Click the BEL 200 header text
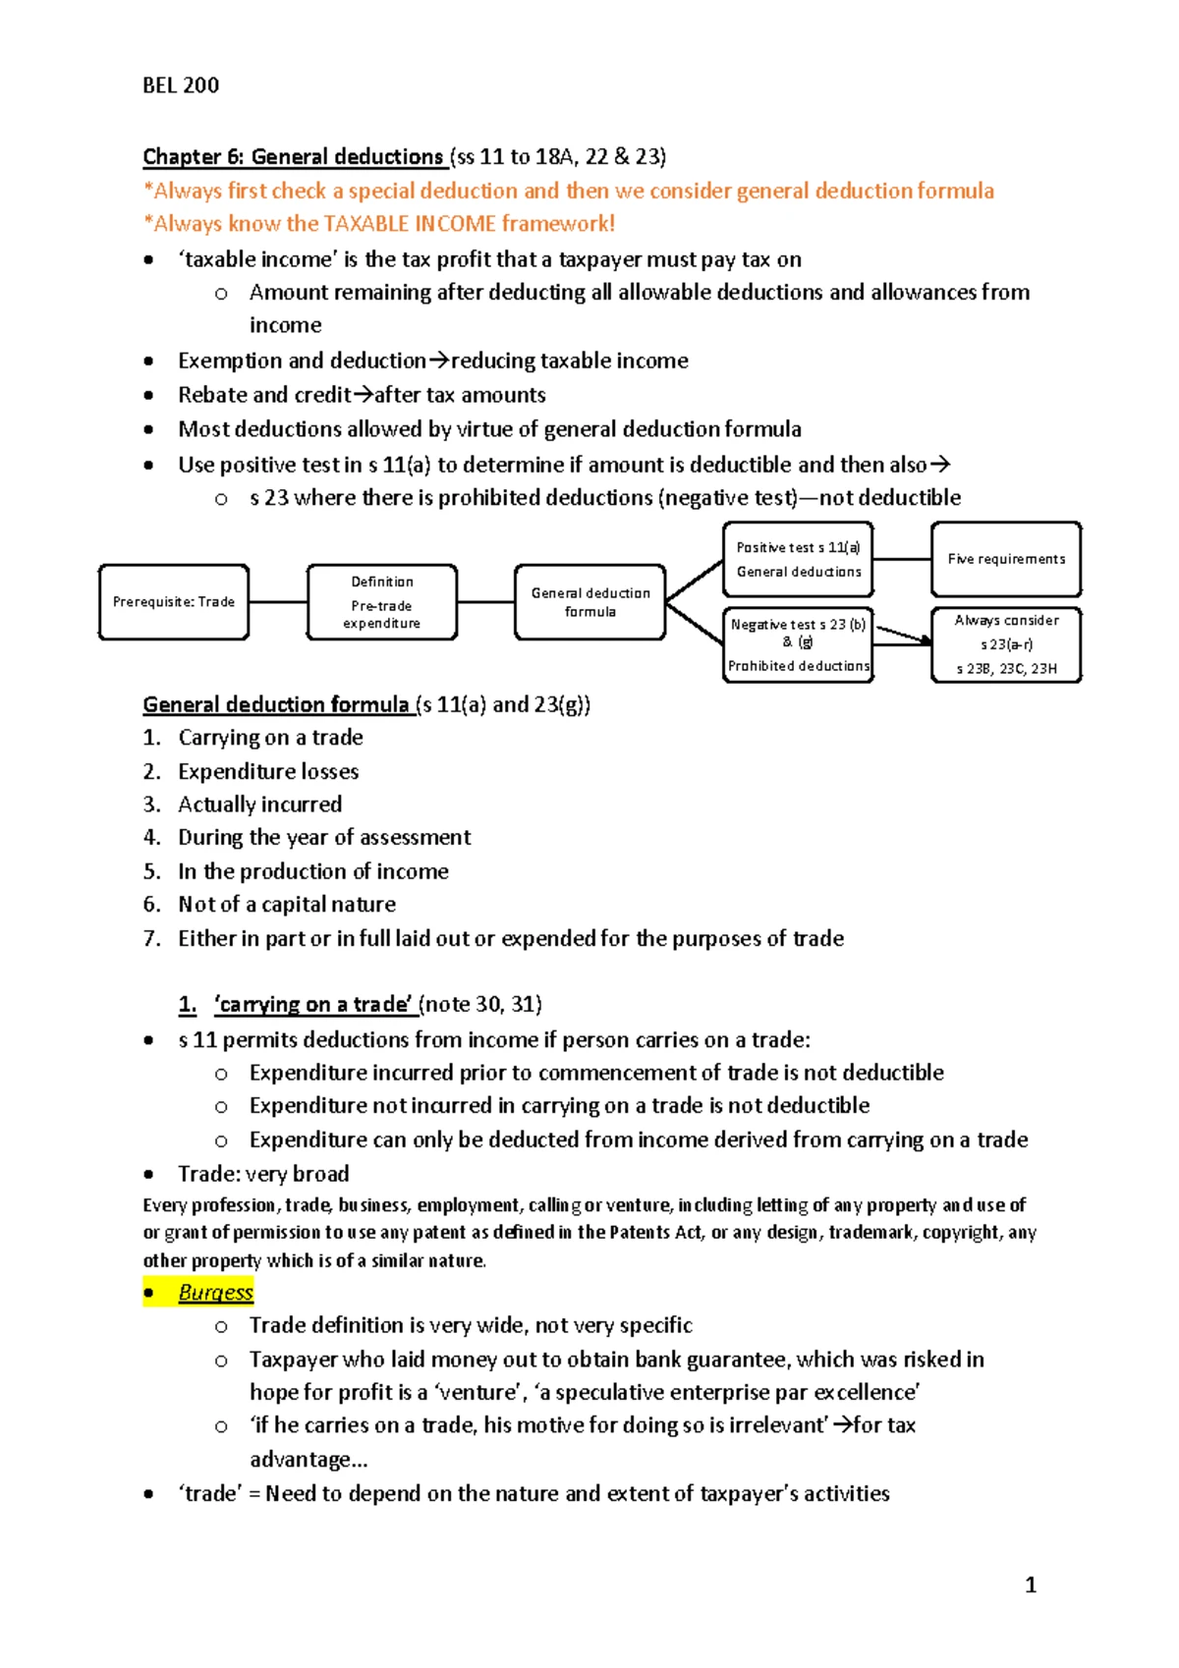[x=181, y=85]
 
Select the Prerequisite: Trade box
[x=174, y=602]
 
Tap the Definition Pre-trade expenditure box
[x=382, y=602]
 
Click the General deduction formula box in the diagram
[x=589, y=602]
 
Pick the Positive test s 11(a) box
[x=798, y=560]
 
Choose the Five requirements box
[x=1006, y=559]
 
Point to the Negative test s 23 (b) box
[x=798, y=644]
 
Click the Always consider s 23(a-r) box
[x=1006, y=644]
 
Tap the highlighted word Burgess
[x=216, y=1293]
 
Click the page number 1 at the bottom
[x=1031, y=1585]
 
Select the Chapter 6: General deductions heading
[x=294, y=157]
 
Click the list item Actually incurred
[x=260, y=805]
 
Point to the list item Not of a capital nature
[x=287, y=904]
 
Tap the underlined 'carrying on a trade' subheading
[x=312, y=1004]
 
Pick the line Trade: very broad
[x=263, y=1174]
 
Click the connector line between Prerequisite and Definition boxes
[x=278, y=602]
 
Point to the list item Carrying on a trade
[x=270, y=738]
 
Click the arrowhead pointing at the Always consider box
[x=926, y=641]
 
